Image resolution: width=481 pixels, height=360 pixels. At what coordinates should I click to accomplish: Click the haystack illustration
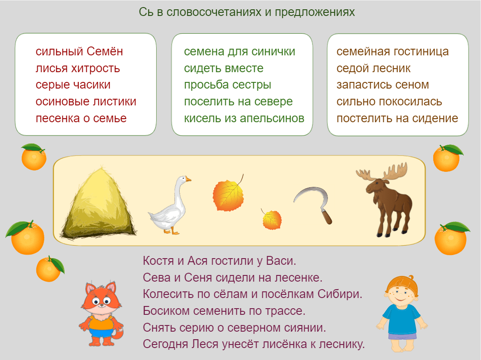click(99, 204)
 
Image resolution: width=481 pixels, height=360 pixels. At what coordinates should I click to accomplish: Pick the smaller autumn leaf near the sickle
click(272, 219)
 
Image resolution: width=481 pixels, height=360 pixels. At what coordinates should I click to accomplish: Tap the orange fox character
click(101, 313)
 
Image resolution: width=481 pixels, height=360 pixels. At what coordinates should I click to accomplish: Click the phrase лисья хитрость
click(77, 68)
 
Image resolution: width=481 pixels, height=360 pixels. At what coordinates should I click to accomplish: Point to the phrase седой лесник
click(373, 68)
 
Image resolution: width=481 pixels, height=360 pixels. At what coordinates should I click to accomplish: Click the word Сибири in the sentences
click(340, 294)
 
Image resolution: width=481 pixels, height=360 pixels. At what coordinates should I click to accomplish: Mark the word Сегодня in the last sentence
click(165, 344)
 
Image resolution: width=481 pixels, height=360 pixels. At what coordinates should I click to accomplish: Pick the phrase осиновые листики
click(86, 101)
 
